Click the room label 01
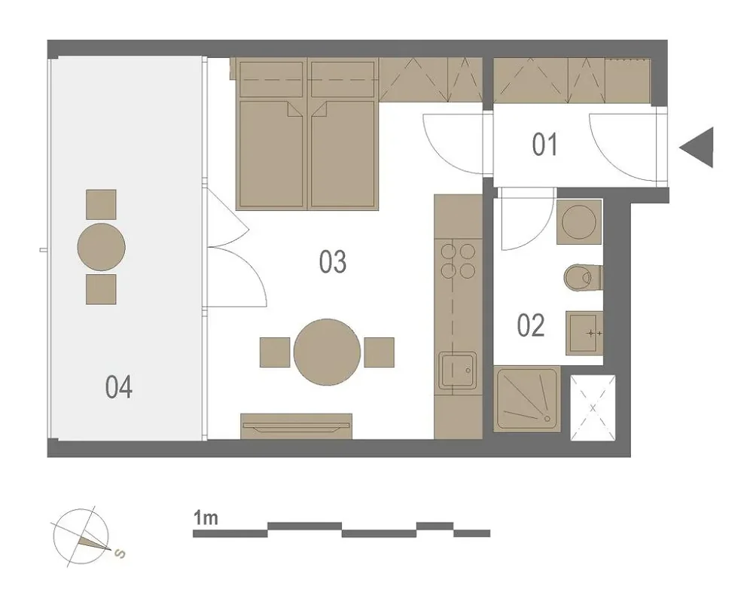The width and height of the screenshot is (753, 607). tap(544, 145)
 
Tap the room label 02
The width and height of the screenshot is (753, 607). tap(531, 325)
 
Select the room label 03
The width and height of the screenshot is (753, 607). tap(333, 262)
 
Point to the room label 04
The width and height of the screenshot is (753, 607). tap(119, 387)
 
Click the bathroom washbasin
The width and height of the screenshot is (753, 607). tap(584, 333)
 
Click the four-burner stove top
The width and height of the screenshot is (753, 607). tap(458, 261)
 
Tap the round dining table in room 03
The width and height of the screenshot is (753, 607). tap(327, 352)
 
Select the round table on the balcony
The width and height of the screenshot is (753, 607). tap(102, 247)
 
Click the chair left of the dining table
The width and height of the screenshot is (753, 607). tap(275, 352)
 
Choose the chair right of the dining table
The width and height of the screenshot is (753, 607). tap(379, 352)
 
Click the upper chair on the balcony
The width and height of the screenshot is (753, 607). tap(101, 204)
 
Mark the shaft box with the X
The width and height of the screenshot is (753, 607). tap(593, 407)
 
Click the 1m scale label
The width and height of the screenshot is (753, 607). tap(206, 518)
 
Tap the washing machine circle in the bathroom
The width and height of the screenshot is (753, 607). tap(578, 222)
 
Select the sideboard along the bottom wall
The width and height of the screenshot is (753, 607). tap(296, 426)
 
